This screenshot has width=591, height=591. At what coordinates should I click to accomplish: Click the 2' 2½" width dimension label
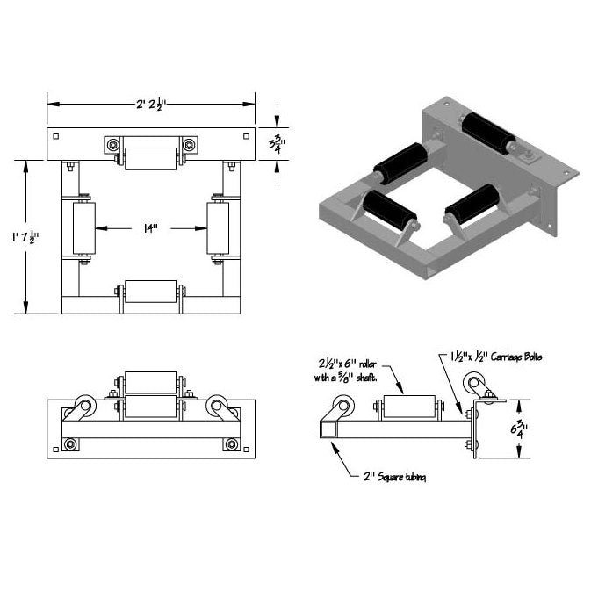point(150,104)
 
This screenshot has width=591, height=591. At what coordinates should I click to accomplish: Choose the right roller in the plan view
point(218,229)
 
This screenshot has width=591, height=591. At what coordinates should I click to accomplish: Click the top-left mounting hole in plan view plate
point(56,136)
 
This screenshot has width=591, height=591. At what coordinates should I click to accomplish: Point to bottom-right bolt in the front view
point(232,444)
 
